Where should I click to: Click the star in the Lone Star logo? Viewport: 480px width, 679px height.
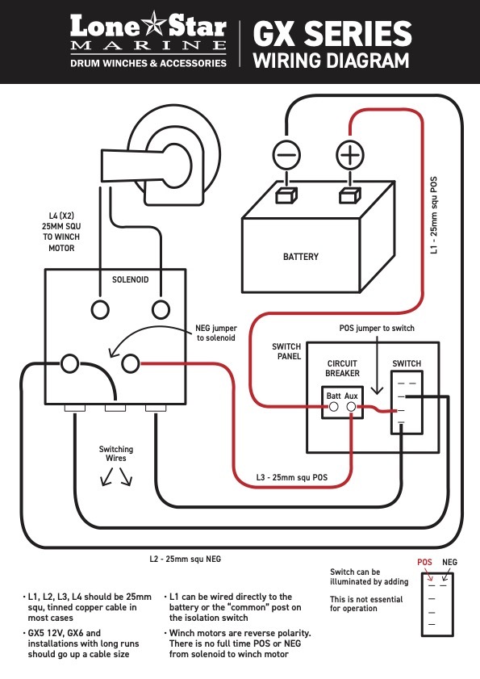pyautogui.click(x=153, y=23)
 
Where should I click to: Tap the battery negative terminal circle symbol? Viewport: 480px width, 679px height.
pyautogui.click(x=286, y=155)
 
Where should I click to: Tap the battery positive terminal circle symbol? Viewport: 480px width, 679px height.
pyautogui.click(x=350, y=155)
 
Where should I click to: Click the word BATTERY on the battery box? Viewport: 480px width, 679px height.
pyautogui.click(x=301, y=257)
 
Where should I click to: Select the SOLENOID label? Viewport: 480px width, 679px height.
pyautogui.click(x=130, y=279)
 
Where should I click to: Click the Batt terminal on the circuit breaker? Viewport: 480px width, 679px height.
pyautogui.click(x=334, y=407)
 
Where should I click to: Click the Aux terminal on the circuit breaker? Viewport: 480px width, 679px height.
pyautogui.click(x=352, y=407)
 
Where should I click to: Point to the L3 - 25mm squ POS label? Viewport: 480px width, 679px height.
pyautogui.click(x=292, y=478)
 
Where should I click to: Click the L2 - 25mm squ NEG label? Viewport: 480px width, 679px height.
pyautogui.click(x=186, y=559)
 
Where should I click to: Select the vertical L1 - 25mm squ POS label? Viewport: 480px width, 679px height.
pyautogui.click(x=434, y=216)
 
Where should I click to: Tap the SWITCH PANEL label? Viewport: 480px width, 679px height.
pyautogui.click(x=286, y=351)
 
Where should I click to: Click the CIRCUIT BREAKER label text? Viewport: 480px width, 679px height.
pyautogui.click(x=342, y=368)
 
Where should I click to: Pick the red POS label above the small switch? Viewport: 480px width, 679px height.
pyautogui.click(x=424, y=562)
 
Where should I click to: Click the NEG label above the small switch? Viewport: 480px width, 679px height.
pyautogui.click(x=449, y=562)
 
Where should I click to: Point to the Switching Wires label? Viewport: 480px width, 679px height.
pyautogui.click(x=116, y=454)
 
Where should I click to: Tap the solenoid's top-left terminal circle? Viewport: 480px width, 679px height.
pyautogui.click(x=100, y=309)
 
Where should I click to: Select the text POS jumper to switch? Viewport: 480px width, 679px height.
pyautogui.click(x=377, y=329)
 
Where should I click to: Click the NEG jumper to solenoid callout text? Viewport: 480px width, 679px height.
pyautogui.click(x=216, y=333)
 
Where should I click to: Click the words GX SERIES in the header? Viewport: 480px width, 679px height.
pyautogui.click(x=332, y=34)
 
